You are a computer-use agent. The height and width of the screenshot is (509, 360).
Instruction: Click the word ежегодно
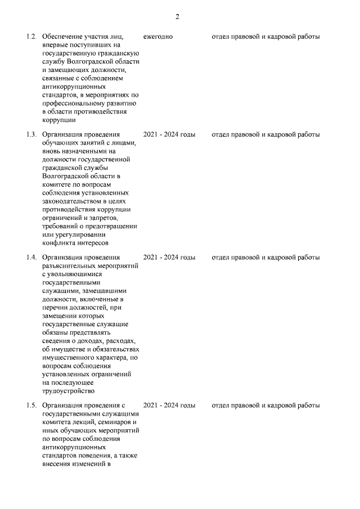[x=158, y=37]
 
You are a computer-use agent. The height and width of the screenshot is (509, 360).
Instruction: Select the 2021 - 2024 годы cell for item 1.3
[x=169, y=135]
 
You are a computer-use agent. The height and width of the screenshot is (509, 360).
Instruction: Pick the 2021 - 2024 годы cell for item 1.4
[x=169, y=258]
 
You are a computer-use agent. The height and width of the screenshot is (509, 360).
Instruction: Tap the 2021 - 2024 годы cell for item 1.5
[x=169, y=406]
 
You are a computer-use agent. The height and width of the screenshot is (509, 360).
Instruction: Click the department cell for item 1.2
[x=265, y=37]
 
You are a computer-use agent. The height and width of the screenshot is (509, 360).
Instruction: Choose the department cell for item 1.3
[x=265, y=135]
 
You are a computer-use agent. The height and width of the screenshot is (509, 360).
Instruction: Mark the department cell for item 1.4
[x=265, y=258]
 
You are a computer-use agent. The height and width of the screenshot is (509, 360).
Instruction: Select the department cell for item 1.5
[x=265, y=406]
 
